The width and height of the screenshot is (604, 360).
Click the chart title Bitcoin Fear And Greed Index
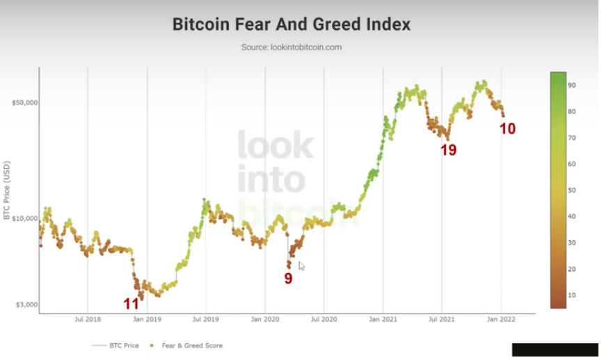tap(292, 24)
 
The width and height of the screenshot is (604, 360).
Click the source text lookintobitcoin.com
tap(292, 47)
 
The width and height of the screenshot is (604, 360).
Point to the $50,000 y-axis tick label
tap(24, 102)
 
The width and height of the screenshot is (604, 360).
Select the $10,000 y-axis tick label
tap(24, 218)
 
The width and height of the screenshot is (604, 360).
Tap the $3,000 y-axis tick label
tap(26, 305)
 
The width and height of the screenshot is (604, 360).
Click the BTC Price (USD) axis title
tap(7, 191)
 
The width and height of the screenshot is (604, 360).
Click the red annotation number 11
tap(132, 304)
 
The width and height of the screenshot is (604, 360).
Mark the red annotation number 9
tap(288, 279)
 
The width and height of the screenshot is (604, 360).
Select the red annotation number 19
tap(449, 150)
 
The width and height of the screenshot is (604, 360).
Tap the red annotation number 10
tap(508, 129)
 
